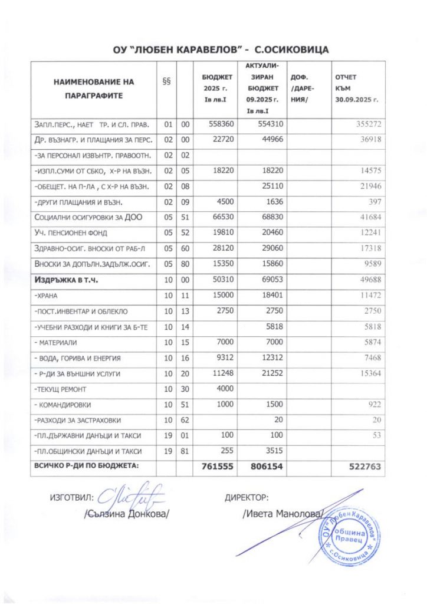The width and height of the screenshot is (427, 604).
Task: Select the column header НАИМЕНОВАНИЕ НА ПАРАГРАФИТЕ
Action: (94, 88)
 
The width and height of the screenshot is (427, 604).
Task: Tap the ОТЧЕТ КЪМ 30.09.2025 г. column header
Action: (356, 88)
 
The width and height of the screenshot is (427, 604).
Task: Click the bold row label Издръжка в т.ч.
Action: (65, 280)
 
